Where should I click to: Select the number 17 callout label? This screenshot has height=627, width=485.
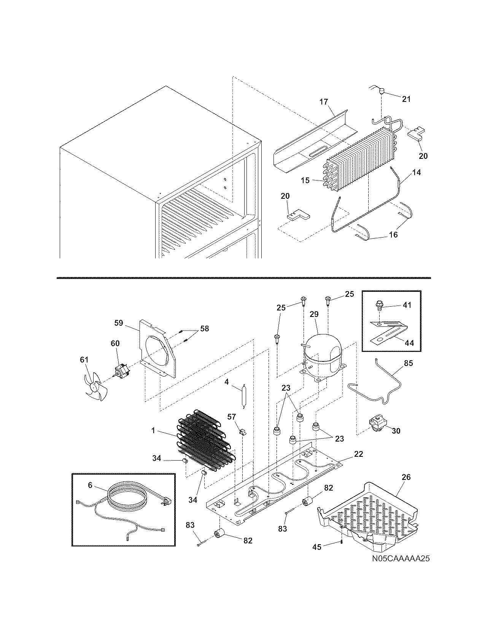coord(323,102)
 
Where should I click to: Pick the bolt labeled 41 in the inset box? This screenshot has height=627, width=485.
coord(379,305)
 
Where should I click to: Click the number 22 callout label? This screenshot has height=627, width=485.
coord(358,454)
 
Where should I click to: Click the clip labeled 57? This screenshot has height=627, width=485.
coord(242,432)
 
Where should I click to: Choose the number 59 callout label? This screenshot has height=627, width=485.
coord(119,323)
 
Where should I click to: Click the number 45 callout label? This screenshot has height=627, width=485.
coord(316,547)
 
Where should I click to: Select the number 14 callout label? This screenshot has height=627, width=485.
coord(416,173)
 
